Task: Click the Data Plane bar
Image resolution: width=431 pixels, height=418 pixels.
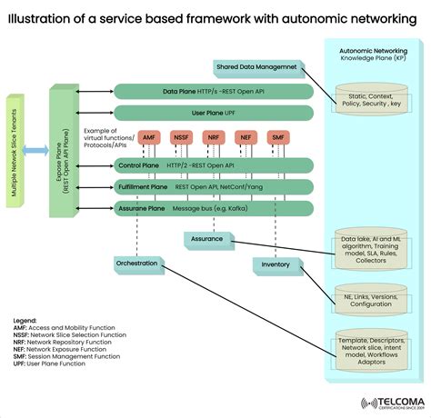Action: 213,92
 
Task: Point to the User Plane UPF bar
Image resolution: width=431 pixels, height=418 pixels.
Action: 213,113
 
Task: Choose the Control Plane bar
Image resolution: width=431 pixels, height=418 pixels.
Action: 213,165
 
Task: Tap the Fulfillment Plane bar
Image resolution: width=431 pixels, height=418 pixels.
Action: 213,186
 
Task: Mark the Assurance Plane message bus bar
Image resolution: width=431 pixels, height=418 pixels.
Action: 213,208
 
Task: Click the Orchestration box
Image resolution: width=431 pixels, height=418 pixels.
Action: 136,264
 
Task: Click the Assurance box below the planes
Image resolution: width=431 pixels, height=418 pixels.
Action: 206,239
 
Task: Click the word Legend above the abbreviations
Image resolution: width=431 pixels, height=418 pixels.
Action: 25,321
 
